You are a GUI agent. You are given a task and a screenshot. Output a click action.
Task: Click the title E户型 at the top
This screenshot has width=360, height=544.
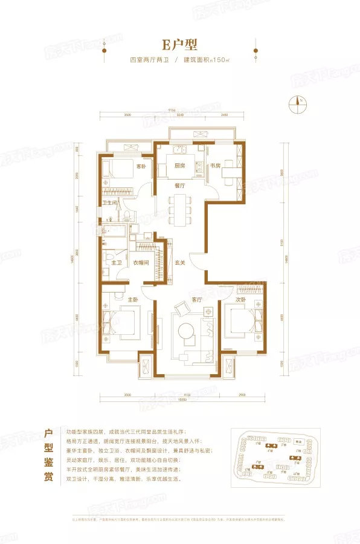(x=180, y=44)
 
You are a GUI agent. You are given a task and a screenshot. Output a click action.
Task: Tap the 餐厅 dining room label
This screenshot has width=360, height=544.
(x=179, y=186)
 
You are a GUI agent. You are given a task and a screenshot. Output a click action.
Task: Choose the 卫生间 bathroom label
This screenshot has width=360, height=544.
(x=109, y=203)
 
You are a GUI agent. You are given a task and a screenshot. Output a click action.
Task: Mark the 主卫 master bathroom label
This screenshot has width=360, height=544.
(x=109, y=262)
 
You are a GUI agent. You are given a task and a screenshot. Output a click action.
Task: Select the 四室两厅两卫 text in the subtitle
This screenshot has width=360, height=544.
(x=150, y=61)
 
